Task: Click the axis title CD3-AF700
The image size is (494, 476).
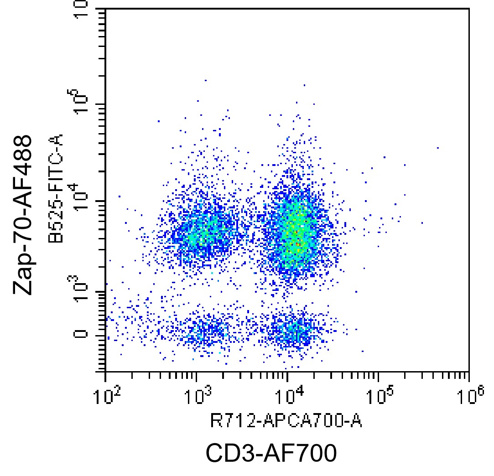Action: (x=271, y=453)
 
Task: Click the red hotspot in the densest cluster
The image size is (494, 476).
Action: (x=297, y=244)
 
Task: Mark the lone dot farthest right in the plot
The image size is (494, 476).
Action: (x=438, y=148)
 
